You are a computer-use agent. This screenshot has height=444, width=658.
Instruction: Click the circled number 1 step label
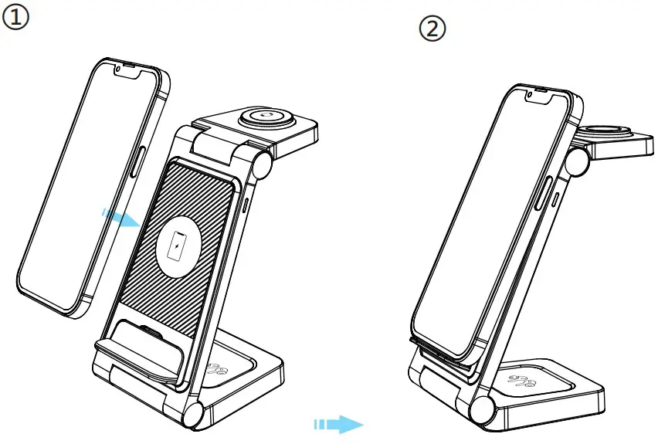pyautogui.click(x=15, y=17)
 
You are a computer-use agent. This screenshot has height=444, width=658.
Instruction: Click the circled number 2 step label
pyautogui.click(x=432, y=29)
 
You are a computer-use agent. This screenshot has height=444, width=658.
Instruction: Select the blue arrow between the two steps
pyautogui.click(x=338, y=424)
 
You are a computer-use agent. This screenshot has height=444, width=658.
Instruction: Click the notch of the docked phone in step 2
pyautogui.click(x=538, y=97)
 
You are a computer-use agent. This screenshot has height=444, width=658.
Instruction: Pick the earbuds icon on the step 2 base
pyautogui.click(x=521, y=381)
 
